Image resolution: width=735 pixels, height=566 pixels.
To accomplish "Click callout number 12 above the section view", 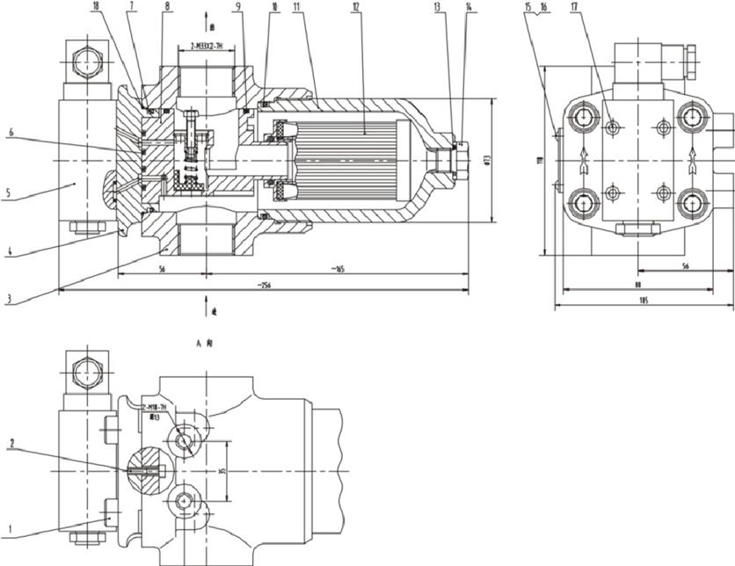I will [x=355, y=6].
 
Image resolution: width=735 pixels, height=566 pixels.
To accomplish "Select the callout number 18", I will [x=95, y=6].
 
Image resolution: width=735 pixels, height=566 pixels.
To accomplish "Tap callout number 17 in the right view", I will [x=573, y=6].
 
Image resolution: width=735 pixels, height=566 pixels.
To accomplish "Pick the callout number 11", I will [x=297, y=6].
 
